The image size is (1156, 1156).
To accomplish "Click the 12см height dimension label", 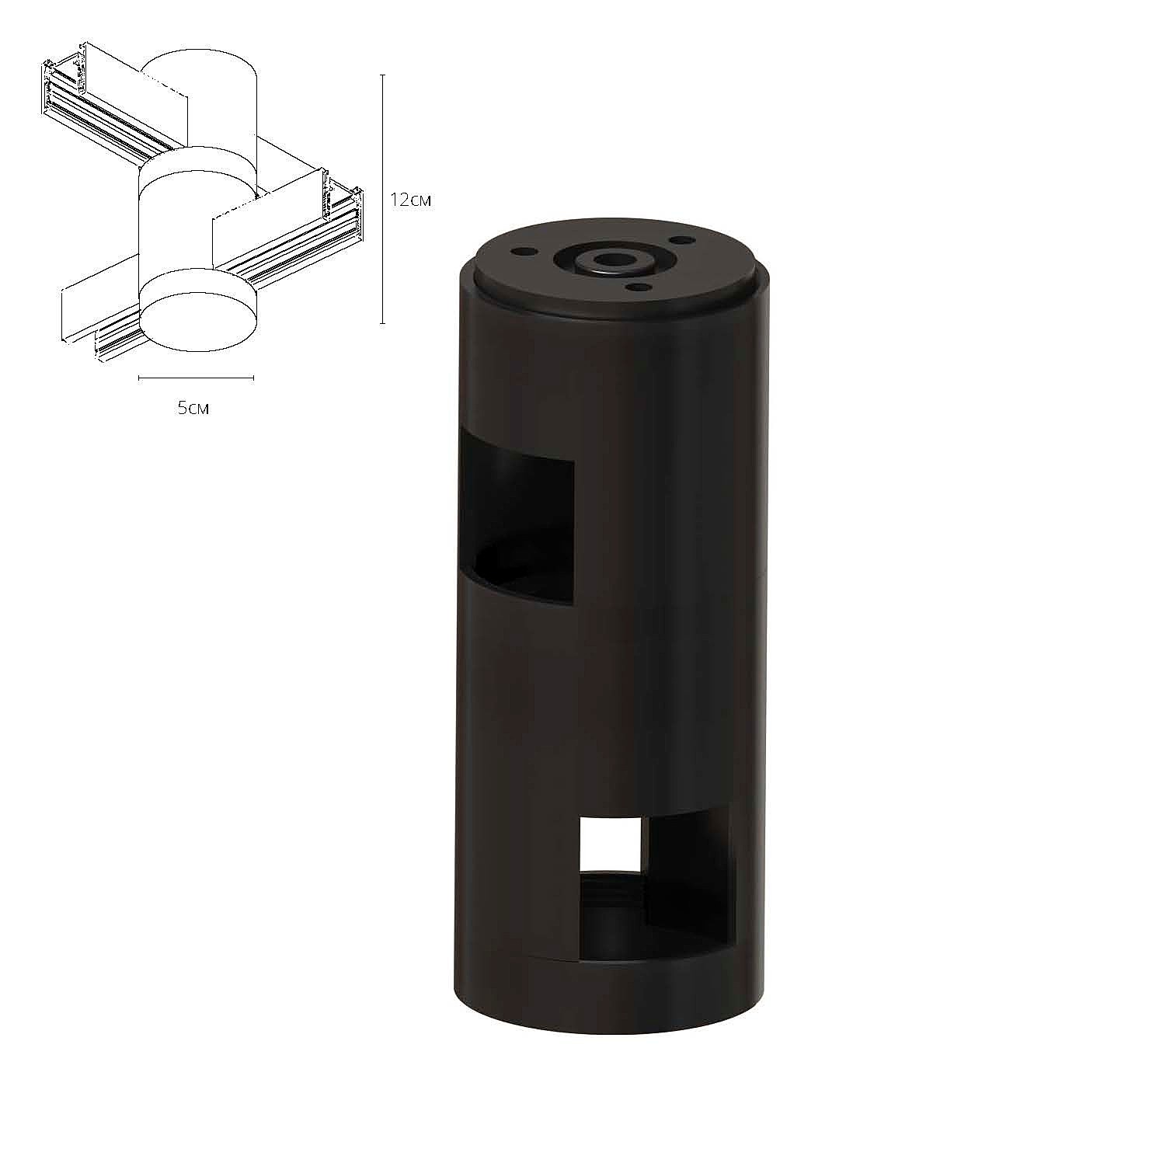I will pos(410,200).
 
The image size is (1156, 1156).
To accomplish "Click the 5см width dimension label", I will pos(193,407).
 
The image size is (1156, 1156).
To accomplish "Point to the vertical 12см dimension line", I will pos(382,233).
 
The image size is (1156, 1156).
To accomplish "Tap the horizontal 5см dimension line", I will pos(196,378).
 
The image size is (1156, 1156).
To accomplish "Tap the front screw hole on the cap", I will pos(639,287).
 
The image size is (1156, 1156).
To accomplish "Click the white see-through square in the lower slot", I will pos(610,844).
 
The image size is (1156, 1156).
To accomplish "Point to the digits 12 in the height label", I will pos(400,200).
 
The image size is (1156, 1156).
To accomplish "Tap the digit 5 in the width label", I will pos(182,407).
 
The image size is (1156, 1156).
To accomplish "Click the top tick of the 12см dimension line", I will pos(382,75).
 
